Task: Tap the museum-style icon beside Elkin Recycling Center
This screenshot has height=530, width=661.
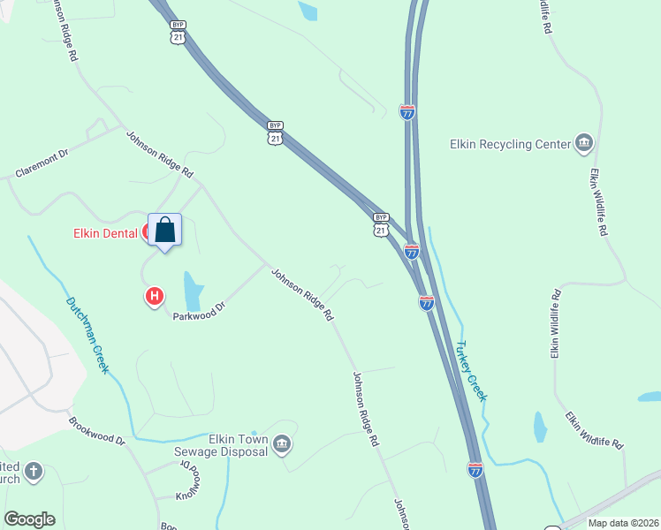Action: pyautogui.click(x=583, y=142)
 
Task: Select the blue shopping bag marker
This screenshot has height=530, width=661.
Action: pyautogui.click(x=164, y=231)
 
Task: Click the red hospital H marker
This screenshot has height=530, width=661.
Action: pyautogui.click(x=155, y=296)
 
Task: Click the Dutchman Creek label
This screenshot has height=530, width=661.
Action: pyautogui.click(x=87, y=335)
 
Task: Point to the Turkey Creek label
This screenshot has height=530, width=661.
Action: pyautogui.click(x=471, y=370)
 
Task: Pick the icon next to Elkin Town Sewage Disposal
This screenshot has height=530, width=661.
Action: pyautogui.click(x=282, y=443)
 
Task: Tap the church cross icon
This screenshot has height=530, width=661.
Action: pyautogui.click(x=34, y=471)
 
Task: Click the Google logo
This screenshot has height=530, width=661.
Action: pyautogui.click(x=29, y=519)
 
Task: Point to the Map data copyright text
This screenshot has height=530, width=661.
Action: pyautogui.click(x=624, y=523)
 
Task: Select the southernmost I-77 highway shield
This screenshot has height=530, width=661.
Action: pyautogui.click(x=475, y=470)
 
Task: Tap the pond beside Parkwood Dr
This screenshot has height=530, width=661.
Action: pyautogui.click(x=193, y=288)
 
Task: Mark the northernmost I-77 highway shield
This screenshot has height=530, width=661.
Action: pyautogui.click(x=407, y=112)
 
